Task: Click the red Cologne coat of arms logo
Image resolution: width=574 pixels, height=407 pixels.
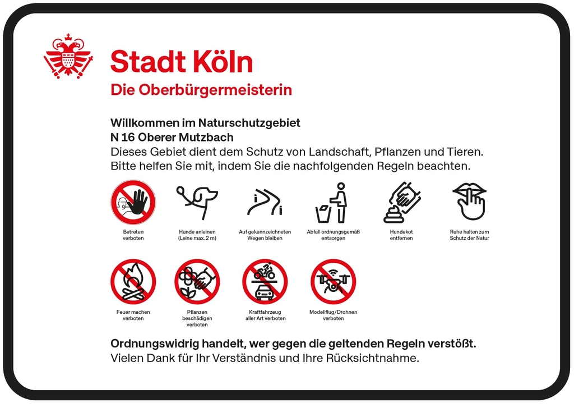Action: pyautogui.click(x=68, y=56)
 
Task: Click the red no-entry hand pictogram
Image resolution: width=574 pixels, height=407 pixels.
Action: pyautogui.click(x=133, y=202)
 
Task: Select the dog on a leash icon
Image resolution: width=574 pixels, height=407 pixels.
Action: pyautogui.click(x=197, y=202)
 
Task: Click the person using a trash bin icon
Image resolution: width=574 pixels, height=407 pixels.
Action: pyautogui.click(x=332, y=203)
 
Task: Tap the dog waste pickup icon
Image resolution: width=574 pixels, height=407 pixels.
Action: pyautogui.click(x=401, y=203)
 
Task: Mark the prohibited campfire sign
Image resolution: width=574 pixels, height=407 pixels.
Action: pyautogui.click(x=133, y=281)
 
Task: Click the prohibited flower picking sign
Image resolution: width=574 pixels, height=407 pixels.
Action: pyautogui.click(x=197, y=281)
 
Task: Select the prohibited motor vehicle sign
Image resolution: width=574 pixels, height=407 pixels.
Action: pyautogui.click(x=265, y=281)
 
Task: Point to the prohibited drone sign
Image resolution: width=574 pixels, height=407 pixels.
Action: pyautogui.click(x=333, y=281)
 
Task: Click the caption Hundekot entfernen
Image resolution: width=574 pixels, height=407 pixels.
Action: pyautogui.click(x=401, y=235)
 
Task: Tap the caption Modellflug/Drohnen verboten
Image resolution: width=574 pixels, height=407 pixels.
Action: pyautogui.click(x=333, y=315)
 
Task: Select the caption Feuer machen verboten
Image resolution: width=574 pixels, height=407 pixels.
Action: pyautogui.click(x=133, y=315)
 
